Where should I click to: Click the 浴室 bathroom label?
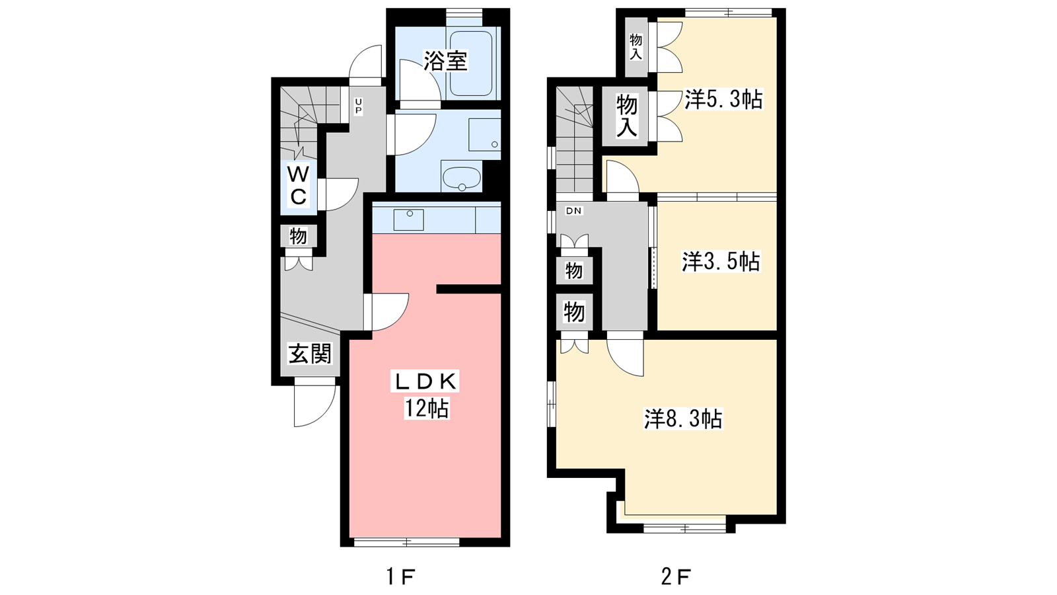coord(445,60)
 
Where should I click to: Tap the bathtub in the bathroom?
coord(471,63)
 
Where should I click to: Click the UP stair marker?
coord(358,106)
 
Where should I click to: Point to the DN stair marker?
coord(574,211)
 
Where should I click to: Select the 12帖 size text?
coord(426,408)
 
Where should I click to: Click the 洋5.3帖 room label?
coord(723,100)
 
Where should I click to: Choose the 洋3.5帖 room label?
coord(721,261)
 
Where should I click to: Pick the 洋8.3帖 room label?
coord(683,418)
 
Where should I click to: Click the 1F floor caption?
coord(401,576)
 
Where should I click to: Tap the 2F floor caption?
coord(676,576)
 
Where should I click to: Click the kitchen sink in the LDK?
coord(409,219)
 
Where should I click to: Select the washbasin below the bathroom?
coord(462,177)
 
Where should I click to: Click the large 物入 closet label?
coord(627,116)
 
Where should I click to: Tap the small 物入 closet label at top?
coord(636,47)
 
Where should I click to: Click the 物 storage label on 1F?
coord(298,236)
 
